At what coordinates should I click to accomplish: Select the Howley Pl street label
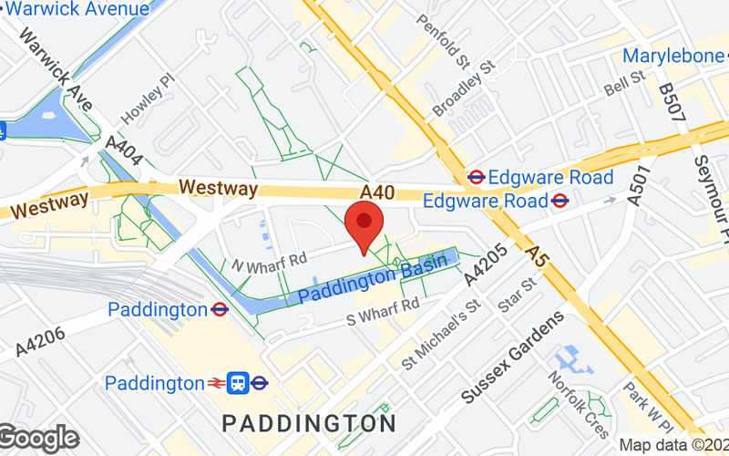pyautogui.click(x=145, y=101)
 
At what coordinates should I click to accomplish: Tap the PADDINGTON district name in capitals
pyautogui.click(x=310, y=423)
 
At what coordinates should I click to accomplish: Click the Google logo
pyautogui.click(x=38, y=439)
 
